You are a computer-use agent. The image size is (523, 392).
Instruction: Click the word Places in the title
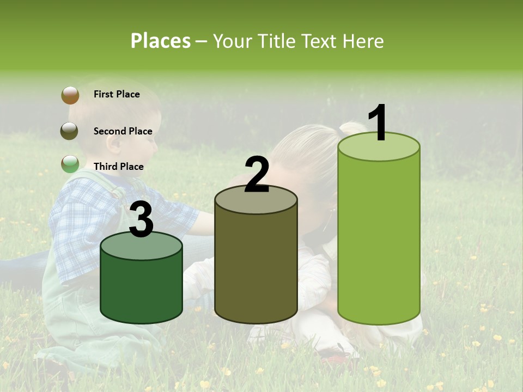(x=161, y=41)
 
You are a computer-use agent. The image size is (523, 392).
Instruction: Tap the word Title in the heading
(x=277, y=41)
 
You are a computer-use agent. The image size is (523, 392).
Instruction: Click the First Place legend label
(x=117, y=94)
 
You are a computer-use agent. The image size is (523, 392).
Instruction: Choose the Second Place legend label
(x=123, y=131)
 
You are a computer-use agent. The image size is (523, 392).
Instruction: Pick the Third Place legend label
(x=118, y=167)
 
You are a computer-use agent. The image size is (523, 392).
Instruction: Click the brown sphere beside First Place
(x=70, y=95)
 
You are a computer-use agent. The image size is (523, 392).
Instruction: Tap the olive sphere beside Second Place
(x=69, y=131)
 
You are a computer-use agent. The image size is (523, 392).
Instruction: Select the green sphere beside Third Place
(x=70, y=164)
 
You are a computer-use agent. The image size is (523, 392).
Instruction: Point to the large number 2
(x=257, y=175)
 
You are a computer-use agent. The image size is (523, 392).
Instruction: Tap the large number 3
(x=141, y=219)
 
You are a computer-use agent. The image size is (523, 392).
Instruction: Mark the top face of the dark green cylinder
(x=141, y=247)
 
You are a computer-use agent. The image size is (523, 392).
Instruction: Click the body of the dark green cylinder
(x=141, y=289)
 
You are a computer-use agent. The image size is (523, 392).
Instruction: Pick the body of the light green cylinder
(x=379, y=240)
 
